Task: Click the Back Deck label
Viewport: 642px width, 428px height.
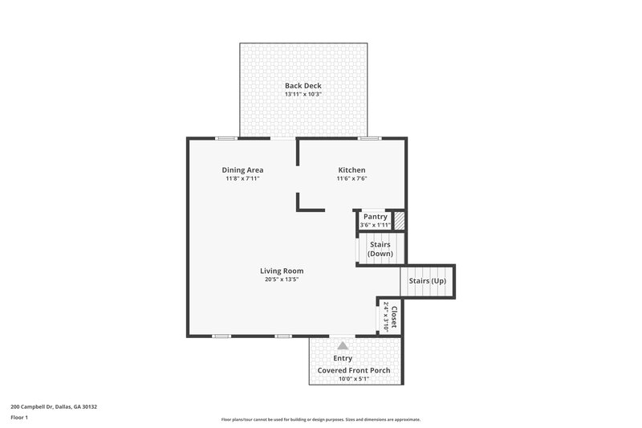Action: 303,85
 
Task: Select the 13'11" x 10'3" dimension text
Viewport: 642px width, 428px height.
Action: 303,94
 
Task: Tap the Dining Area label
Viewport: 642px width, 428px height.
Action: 242,169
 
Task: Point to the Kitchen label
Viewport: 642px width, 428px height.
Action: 351,169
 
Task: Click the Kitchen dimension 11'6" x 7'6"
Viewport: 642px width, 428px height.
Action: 351,178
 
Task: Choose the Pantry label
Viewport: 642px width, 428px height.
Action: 375,217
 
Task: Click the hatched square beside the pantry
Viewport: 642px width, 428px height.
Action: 399,221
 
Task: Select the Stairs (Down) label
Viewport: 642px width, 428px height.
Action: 380,249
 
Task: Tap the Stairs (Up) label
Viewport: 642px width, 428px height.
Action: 427,281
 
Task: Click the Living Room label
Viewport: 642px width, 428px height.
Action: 281,271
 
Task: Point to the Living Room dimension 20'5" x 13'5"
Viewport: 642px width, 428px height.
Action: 281,280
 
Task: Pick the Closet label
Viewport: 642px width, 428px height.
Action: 393,316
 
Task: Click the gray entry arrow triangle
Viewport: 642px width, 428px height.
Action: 343,345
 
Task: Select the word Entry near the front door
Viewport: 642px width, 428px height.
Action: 343,358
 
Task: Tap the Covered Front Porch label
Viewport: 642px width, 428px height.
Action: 354,369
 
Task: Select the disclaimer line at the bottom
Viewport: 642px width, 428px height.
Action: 320,419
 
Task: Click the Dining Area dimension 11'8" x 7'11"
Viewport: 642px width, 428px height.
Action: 242,178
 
